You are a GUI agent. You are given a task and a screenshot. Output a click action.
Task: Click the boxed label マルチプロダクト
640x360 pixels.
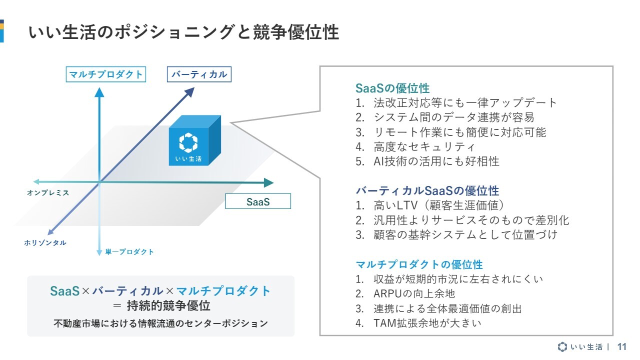105,74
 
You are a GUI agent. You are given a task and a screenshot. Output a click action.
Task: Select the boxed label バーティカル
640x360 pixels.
199,74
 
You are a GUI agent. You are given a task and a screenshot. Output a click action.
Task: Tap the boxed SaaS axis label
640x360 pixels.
258,201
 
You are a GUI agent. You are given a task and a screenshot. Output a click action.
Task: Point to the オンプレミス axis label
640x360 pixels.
48,193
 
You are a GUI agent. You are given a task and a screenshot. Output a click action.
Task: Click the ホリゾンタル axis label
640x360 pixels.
45,243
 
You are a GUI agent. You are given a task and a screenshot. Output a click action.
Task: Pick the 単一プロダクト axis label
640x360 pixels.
129,251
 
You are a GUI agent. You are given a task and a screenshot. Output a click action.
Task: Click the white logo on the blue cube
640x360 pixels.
188,142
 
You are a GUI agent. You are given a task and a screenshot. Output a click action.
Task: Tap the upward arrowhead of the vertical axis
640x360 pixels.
99,92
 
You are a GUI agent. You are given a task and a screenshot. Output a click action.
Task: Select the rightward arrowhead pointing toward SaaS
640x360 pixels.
268,182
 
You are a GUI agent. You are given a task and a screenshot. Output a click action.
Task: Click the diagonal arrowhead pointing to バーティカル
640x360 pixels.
189,92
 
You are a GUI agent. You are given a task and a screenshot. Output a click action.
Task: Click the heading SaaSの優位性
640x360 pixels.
392,88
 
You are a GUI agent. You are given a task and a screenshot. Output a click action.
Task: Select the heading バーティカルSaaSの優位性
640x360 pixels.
427,190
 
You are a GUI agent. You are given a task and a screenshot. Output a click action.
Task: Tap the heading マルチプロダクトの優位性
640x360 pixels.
419,264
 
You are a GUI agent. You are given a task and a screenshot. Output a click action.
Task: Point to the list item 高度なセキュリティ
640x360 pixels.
424,147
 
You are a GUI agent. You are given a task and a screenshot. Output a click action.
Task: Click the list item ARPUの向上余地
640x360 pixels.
414,293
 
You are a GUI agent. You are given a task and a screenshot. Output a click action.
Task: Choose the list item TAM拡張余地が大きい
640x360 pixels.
427,323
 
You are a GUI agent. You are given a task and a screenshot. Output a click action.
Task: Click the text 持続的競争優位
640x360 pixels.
168,305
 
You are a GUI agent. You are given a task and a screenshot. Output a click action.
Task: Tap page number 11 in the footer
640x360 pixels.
621,347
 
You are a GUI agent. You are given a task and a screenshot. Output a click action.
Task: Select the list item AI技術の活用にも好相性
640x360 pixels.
436,161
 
